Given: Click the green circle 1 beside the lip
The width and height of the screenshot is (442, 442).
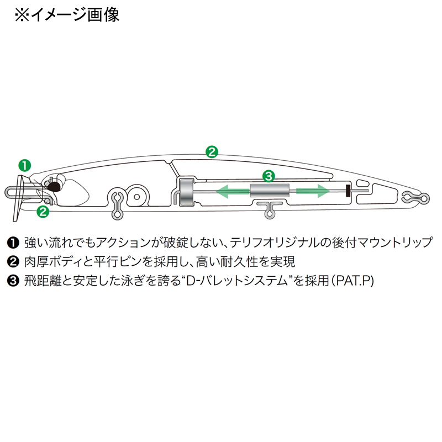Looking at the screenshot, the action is coord(24,165).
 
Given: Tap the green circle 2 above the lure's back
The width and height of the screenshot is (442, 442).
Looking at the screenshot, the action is coord(212,151).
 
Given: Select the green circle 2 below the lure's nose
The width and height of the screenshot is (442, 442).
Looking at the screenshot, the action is coord(43,212).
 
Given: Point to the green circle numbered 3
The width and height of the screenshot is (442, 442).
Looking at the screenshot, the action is coord(269,176).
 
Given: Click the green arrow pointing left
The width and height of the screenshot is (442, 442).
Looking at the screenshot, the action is coord(233,191).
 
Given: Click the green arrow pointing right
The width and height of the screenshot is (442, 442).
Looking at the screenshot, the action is coord(313,191).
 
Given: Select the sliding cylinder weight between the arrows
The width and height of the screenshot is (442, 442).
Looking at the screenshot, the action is coord(270,191).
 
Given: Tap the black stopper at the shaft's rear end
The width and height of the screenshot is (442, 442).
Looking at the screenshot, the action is coord(348,191).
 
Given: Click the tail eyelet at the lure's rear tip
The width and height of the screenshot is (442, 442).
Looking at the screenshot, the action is coord(415,198).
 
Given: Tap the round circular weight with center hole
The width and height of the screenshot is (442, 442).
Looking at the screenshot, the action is coord(137,197).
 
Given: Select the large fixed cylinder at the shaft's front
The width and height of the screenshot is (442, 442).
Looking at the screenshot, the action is coord(186,192).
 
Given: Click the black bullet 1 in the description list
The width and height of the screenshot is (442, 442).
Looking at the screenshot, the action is coord(13,243).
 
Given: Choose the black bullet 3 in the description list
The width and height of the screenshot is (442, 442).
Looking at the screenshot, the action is coord(13,281).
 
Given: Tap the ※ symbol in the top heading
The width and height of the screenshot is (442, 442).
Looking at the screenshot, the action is coord(22,15).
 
